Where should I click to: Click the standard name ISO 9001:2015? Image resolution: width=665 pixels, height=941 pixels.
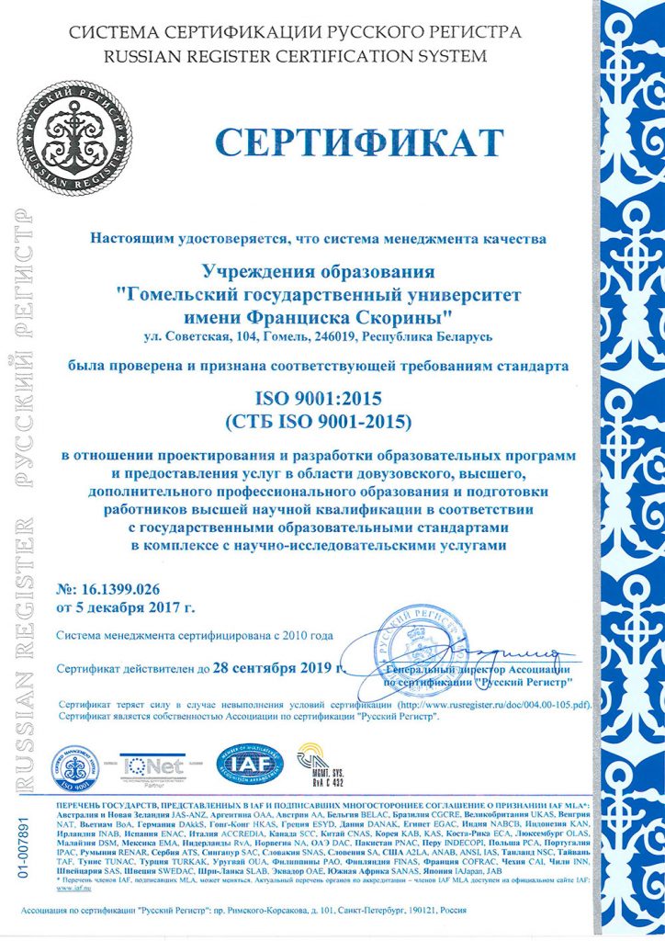pos(317,399)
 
